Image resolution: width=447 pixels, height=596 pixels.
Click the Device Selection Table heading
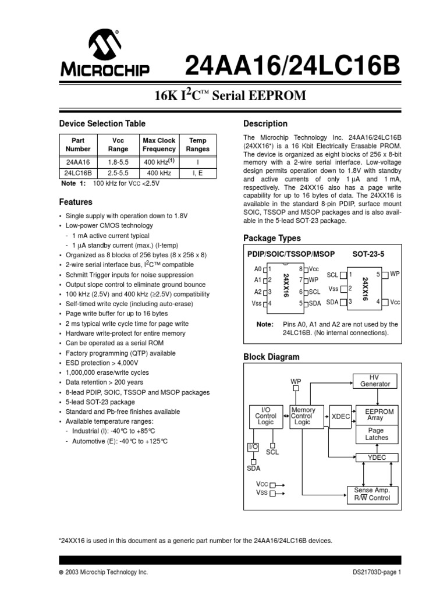[102, 123]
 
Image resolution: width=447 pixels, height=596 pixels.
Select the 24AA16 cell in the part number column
[78, 162]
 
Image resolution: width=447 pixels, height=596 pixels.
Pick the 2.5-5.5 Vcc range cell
[119, 173]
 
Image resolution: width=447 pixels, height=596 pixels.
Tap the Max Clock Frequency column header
[159, 145]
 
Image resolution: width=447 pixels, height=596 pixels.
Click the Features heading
[76, 202]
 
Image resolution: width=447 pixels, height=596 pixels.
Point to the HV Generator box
[375, 381]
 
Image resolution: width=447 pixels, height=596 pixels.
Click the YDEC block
[375, 457]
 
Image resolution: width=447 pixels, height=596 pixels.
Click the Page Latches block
[377, 434]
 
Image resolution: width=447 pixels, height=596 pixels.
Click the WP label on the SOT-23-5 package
[395, 274]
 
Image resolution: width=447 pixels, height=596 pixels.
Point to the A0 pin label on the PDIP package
[258, 269]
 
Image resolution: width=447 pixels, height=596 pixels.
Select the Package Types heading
[272, 238]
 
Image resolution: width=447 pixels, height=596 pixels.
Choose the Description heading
[265, 123]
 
